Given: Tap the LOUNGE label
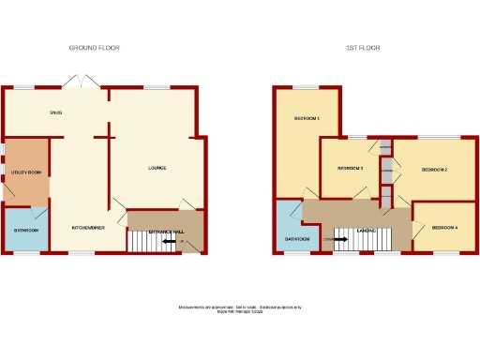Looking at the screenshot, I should (157, 169).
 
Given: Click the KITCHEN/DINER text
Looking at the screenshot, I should (86, 228).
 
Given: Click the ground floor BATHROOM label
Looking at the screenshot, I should (25, 231).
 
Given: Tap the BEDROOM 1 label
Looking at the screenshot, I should (307, 119).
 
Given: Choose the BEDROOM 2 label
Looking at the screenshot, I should (433, 170).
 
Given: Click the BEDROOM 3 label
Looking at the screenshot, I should (350, 169).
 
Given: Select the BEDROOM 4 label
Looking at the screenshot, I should (444, 228).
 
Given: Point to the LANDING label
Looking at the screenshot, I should (367, 230).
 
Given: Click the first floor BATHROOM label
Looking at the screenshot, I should (297, 240).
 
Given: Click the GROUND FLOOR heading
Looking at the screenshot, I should (95, 48).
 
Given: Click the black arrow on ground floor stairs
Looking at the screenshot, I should (171, 242).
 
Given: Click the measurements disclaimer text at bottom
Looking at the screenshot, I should (239, 308).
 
